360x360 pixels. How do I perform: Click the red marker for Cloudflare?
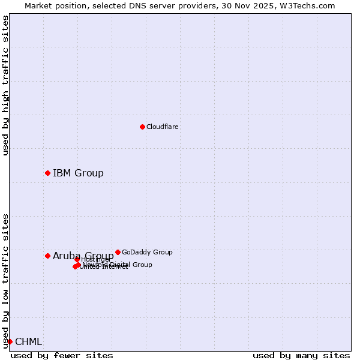point(142,127)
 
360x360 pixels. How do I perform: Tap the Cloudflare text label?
point(162,127)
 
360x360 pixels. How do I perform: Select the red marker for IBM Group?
point(47,173)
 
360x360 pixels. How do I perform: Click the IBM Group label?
point(78,173)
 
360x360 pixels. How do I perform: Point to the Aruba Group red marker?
point(47,256)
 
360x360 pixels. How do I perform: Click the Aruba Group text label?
point(83,256)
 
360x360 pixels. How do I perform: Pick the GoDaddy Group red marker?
point(118,252)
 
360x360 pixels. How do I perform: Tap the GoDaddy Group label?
point(147,252)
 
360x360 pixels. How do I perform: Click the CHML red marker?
point(10,341)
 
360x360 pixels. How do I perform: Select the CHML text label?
point(28,342)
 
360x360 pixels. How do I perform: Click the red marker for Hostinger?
point(77,259)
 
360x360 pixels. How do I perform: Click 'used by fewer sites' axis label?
point(62,355)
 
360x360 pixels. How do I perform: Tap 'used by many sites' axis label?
point(301,355)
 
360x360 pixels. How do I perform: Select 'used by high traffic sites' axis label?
point(5,85)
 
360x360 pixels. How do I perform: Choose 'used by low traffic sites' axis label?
point(5,280)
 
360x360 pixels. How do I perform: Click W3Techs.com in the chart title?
point(310,6)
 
